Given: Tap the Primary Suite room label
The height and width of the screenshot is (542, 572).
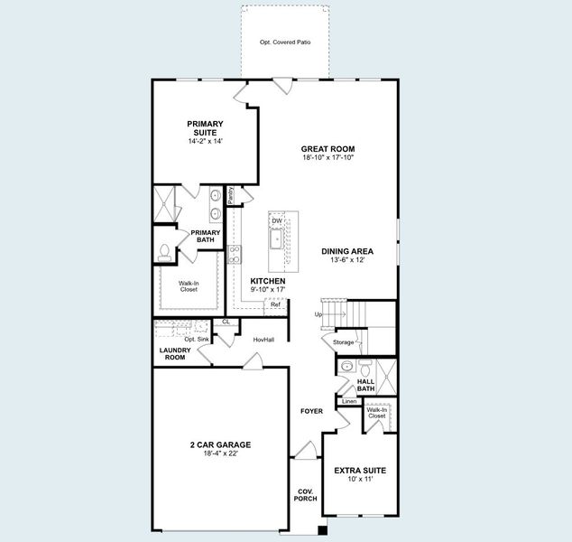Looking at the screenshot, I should (206, 128).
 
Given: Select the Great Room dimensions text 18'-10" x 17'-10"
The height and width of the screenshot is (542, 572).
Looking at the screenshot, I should (328, 158).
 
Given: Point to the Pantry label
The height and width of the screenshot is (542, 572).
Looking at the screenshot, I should (232, 194).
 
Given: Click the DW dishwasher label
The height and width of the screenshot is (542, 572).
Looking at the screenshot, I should (278, 220).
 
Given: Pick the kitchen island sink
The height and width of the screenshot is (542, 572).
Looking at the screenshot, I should (276, 238).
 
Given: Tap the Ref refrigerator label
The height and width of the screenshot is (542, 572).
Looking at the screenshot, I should (275, 304).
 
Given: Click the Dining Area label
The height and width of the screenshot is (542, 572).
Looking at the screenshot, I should (347, 251).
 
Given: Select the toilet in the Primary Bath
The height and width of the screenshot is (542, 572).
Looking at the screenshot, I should (164, 252).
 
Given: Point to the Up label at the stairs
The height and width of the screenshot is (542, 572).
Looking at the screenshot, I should (318, 314).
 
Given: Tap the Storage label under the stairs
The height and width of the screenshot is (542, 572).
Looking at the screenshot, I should (343, 342).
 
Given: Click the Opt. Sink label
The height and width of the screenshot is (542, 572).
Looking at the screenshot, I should (197, 339).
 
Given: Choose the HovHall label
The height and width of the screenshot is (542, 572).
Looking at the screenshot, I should (263, 340).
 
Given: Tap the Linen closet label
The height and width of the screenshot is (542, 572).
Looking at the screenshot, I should (349, 400).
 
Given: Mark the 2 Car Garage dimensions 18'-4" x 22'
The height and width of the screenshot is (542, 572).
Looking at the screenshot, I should (220, 453).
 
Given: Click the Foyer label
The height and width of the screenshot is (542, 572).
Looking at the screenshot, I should (311, 411).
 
